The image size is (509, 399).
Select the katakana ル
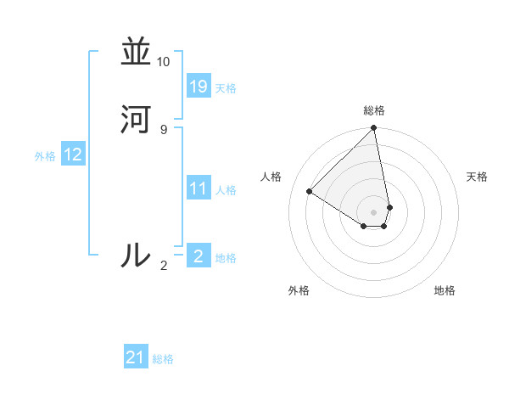(x=136, y=255)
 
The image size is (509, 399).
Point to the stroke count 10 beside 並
(x=163, y=62)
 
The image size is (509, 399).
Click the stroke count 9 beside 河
(x=163, y=129)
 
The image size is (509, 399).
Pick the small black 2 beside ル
(x=164, y=266)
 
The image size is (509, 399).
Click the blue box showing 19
(x=199, y=87)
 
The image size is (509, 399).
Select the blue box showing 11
(x=199, y=188)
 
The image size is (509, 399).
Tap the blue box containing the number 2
(x=199, y=256)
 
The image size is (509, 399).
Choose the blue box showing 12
(x=73, y=155)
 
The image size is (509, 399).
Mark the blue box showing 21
(x=136, y=357)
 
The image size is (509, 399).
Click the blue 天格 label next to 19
(x=226, y=88)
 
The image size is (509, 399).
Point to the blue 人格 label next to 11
(x=226, y=190)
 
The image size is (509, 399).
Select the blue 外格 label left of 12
(x=45, y=156)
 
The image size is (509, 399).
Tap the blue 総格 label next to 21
(x=163, y=359)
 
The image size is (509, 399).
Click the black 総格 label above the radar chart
(x=374, y=110)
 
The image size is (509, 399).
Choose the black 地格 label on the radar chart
(x=445, y=290)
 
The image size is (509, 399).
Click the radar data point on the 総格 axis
(x=374, y=129)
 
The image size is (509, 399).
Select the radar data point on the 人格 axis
(x=310, y=192)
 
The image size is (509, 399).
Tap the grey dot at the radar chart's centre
(x=374, y=211)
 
